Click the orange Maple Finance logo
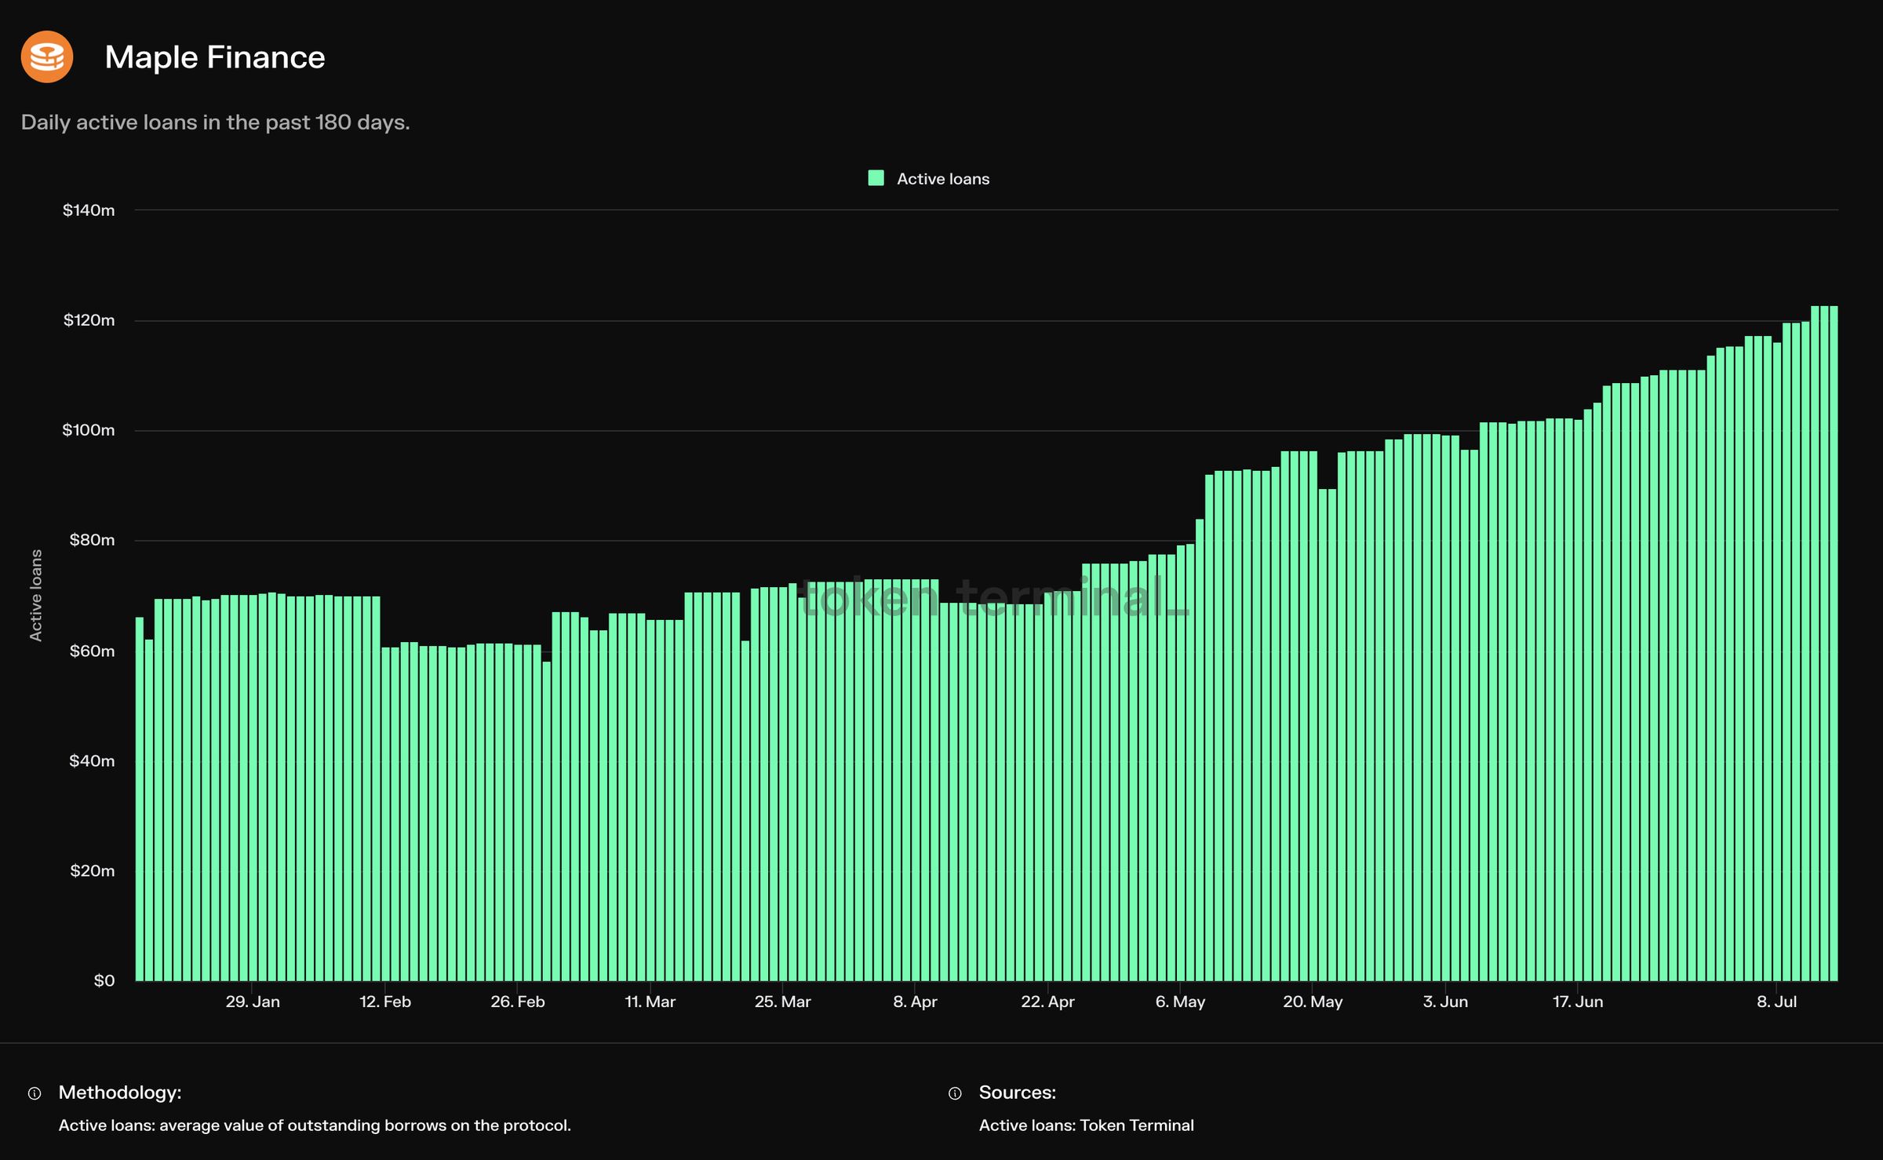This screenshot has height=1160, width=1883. [47, 57]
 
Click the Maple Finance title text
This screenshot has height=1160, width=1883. [215, 57]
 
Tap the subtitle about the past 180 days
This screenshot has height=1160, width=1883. [215, 122]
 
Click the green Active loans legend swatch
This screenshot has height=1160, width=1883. [876, 178]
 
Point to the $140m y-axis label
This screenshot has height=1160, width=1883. [89, 210]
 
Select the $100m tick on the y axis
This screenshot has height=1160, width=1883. [89, 430]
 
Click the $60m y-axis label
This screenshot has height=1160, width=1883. [92, 651]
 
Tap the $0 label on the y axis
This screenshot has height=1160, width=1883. [104, 980]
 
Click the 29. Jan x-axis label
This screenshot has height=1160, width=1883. [253, 1001]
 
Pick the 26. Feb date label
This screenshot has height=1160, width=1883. [518, 1001]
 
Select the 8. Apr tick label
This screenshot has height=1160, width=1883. [915, 1001]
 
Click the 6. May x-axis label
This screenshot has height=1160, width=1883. [1180, 1001]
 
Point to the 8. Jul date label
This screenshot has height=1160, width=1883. [1776, 1001]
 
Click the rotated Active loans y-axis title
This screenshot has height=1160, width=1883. [36, 595]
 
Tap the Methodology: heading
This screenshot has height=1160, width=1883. [120, 1093]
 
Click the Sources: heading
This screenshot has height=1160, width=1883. [1017, 1093]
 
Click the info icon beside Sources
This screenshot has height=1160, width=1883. [955, 1093]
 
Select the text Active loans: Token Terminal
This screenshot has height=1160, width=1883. [1086, 1125]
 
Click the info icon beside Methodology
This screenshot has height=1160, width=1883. [35, 1093]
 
